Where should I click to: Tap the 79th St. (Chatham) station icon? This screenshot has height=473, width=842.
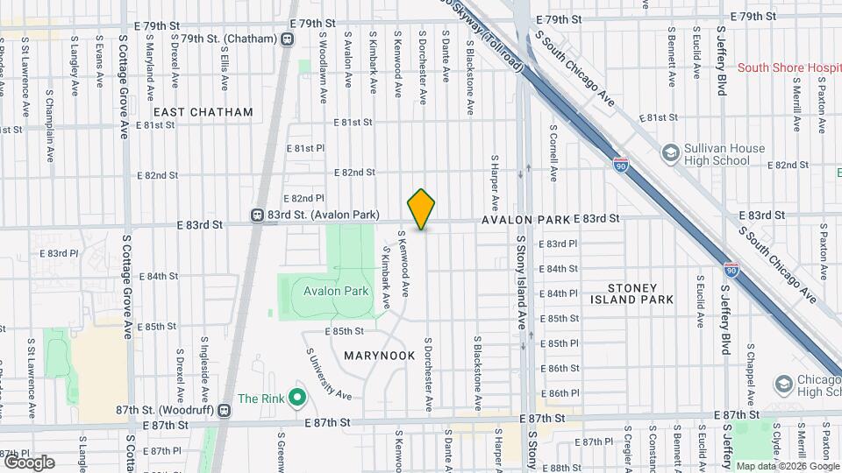coord(288,39)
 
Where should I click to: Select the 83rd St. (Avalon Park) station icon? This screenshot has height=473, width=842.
coord(258,215)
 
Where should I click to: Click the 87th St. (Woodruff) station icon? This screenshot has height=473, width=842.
coord(225,410)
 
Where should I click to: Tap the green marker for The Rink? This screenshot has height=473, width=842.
coord(297,399)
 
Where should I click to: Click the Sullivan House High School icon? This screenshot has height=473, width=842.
coord(671,154)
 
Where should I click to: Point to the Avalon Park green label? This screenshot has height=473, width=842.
coord(329,291)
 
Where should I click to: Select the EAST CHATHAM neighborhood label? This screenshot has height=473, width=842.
coord(203,112)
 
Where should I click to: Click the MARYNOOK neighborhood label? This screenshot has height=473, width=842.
coord(379,356)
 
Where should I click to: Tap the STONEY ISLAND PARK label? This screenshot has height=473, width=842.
coord(640,293)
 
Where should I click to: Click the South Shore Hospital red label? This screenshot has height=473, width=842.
coord(789,67)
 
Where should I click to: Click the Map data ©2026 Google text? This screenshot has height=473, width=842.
coord(787,466)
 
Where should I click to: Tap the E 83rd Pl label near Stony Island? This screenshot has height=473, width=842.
coord(558,244)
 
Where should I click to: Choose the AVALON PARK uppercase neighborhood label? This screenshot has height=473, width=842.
coord(525,219)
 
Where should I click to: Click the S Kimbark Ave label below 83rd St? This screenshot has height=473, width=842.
coord(386,277)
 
